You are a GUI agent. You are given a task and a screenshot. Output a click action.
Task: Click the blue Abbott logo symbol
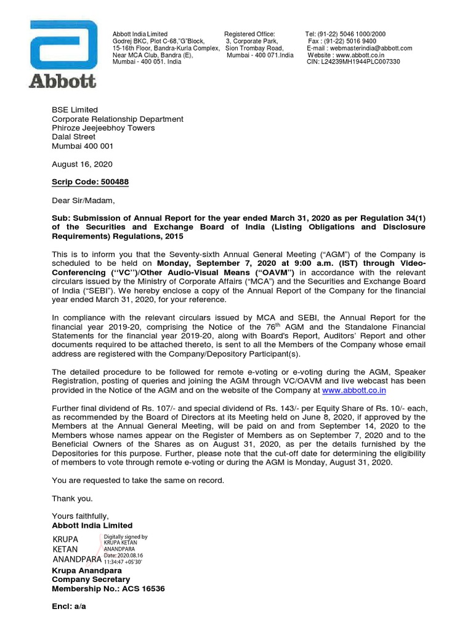point(63,46)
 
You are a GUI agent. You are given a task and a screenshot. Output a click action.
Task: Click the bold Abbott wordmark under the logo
point(62,81)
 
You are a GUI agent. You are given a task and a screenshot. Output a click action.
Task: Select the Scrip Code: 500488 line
point(90,182)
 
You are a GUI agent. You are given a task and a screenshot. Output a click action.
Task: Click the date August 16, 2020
point(82,164)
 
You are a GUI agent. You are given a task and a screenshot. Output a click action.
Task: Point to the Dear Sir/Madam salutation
point(83,200)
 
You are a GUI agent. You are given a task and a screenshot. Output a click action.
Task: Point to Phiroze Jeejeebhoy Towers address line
point(103,128)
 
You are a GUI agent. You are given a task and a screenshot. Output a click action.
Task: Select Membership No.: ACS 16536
point(108,589)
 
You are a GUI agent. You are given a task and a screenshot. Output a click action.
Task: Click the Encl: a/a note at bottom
point(69,607)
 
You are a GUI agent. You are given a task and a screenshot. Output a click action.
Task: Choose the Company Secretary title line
point(91,580)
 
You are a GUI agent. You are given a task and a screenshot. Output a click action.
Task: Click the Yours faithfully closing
point(80,516)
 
